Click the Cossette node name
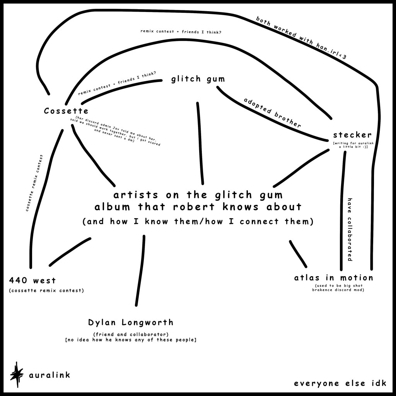(66, 111)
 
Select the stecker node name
(352, 135)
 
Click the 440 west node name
(32, 280)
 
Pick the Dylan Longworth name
(131, 322)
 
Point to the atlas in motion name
(333, 278)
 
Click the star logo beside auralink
(17, 373)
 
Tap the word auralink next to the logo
(49, 375)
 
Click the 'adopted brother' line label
(272, 113)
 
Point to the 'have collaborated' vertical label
(350, 230)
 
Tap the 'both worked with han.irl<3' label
(301, 37)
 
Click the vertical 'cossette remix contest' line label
(34, 183)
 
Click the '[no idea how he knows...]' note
(131, 340)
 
